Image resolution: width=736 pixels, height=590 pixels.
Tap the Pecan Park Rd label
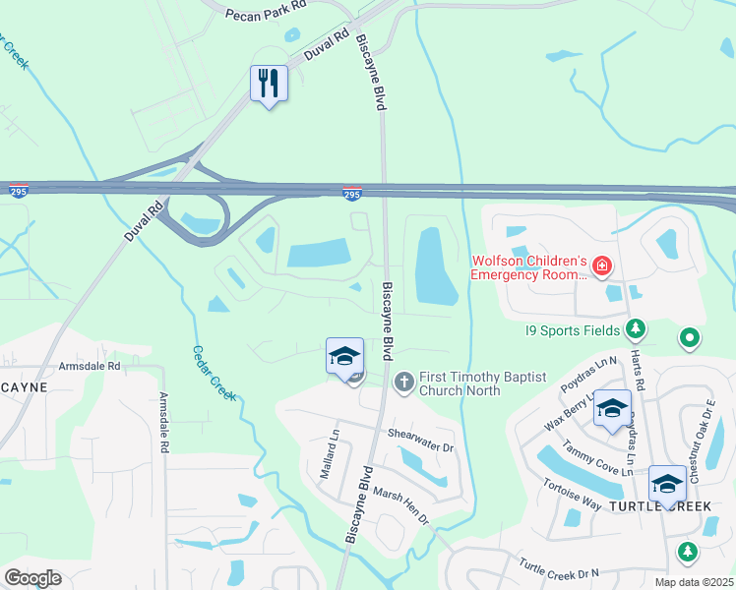pos(266,15)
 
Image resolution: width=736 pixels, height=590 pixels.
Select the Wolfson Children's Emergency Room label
pos(528,267)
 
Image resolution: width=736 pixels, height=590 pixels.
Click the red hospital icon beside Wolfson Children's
pos(600,265)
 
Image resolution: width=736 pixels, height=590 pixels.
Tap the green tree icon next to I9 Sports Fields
pos(636,327)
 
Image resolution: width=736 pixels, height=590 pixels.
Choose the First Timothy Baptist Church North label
pos(460,383)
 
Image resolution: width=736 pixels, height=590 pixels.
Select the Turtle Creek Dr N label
pos(559,572)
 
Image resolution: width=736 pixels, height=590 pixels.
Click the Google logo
pos(32,578)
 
